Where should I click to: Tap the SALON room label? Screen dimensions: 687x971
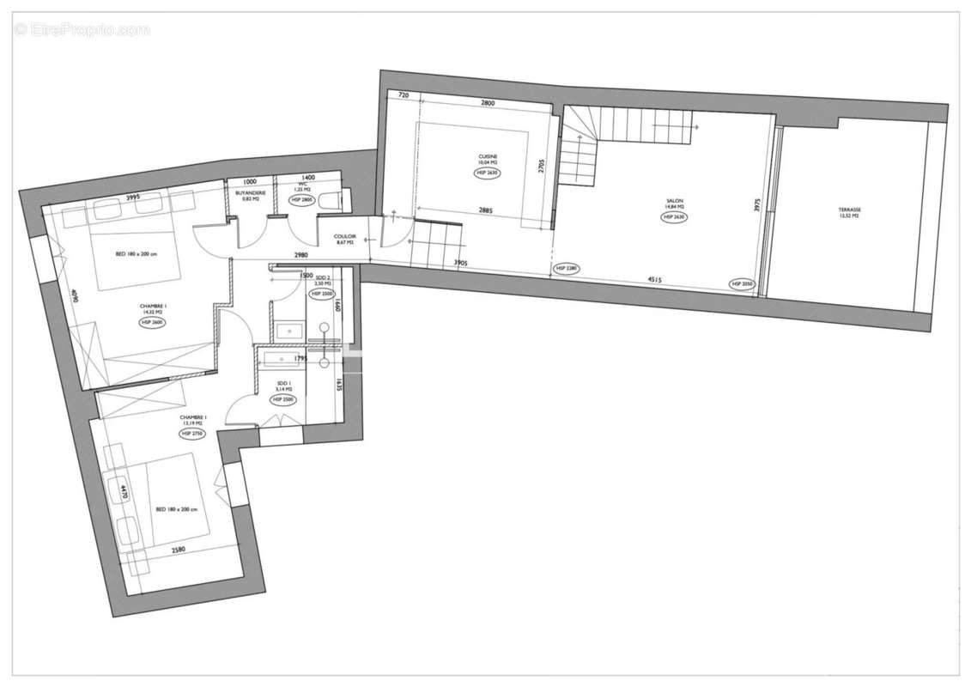pos(673,201)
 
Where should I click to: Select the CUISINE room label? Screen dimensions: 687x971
pos(488,156)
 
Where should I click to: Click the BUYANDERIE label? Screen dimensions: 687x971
pos(250,193)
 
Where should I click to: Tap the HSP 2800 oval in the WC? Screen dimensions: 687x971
pos(302,199)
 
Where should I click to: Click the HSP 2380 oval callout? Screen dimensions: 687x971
pos(567,269)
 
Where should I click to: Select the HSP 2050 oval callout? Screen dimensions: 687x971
pos(742,283)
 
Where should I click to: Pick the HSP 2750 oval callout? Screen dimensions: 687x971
pos(192,434)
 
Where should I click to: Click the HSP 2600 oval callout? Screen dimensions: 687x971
pos(151,322)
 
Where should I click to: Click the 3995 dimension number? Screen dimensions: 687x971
pos(132,198)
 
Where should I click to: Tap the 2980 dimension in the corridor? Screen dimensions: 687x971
pos(299,255)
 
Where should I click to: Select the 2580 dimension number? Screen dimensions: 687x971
pos(179,550)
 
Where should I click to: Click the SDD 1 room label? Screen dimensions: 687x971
pos(283,385)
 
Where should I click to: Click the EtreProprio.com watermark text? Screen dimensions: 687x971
pos(82,29)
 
